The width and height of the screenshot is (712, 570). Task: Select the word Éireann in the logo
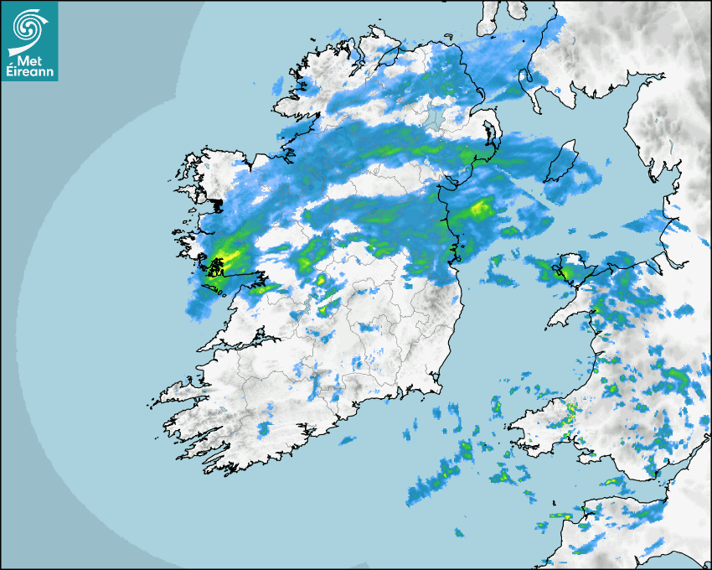pos(29,72)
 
